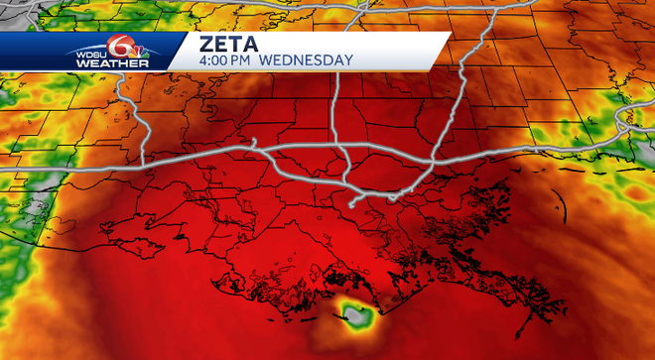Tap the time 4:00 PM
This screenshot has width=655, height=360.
coord(228,61)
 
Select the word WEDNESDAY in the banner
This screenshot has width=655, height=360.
coord(309,61)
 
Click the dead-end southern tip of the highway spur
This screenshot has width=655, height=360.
coord(351,206)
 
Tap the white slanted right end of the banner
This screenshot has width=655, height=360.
coord(442,52)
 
